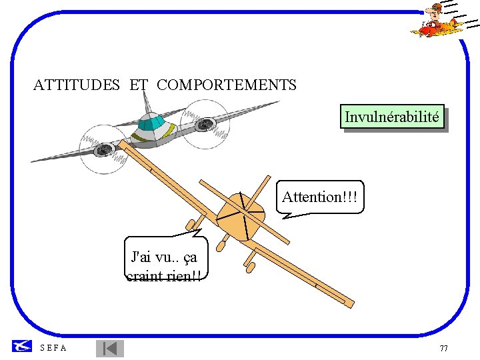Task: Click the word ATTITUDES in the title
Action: [77, 85]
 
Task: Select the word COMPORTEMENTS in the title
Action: [227, 85]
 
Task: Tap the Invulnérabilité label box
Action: [392, 117]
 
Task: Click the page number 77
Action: [444, 349]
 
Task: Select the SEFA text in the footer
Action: [53, 348]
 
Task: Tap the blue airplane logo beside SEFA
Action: [21, 345]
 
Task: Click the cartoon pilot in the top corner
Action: [436, 20]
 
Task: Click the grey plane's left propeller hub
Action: [103, 151]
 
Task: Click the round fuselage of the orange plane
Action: [240, 215]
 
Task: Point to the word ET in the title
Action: [139, 85]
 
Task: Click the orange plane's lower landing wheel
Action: [251, 267]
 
